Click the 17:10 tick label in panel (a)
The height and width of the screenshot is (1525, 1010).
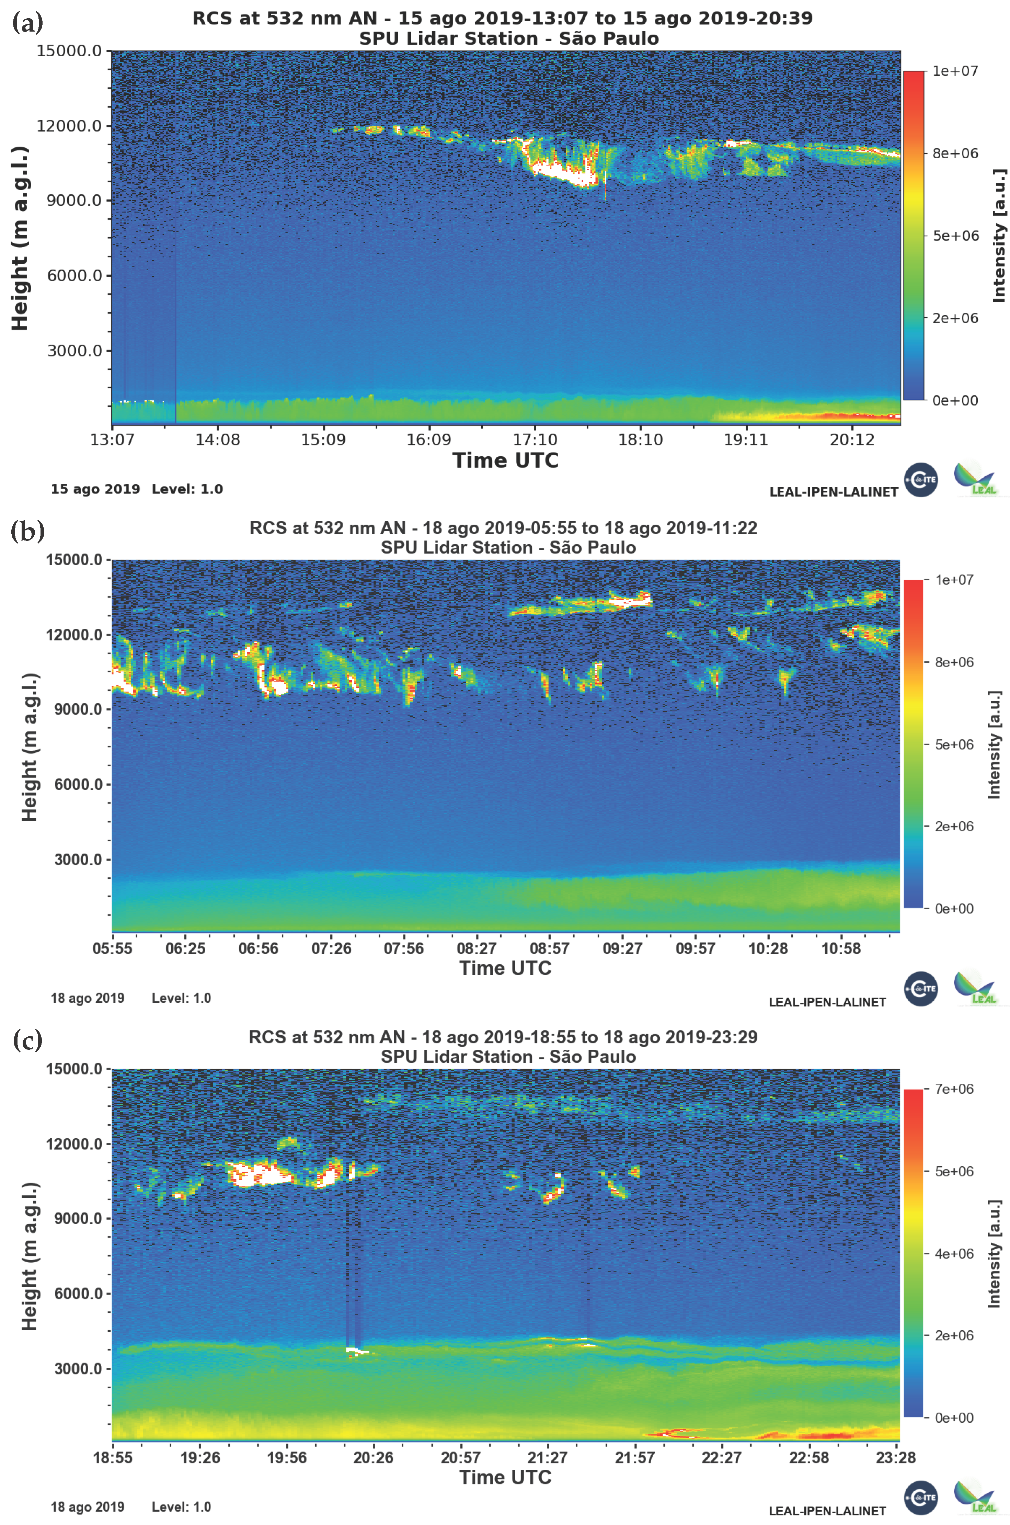(x=535, y=440)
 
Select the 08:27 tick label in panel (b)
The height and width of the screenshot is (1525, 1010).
(x=477, y=948)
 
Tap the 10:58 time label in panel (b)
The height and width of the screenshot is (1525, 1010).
(x=841, y=948)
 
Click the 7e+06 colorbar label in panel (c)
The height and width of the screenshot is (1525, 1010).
(x=954, y=1089)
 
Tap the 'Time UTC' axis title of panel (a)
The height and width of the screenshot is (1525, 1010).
(x=505, y=460)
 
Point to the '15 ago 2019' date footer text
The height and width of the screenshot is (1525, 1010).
(x=95, y=489)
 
